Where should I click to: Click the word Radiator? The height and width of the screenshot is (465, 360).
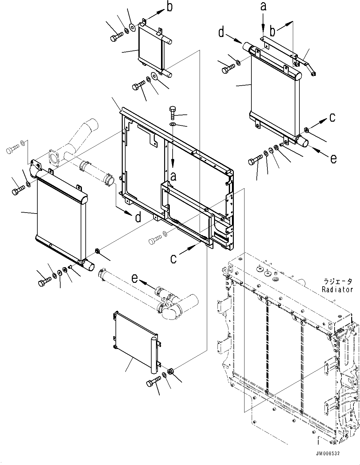tap(337, 289)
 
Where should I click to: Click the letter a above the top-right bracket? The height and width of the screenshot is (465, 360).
tap(263, 7)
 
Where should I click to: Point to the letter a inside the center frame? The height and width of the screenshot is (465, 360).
tap(173, 177)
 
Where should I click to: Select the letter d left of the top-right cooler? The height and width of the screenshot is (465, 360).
tap(222, 32)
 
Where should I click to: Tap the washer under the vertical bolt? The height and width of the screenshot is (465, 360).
tap(173, 125)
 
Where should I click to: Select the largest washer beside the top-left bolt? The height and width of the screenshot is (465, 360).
tap(133, 28)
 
